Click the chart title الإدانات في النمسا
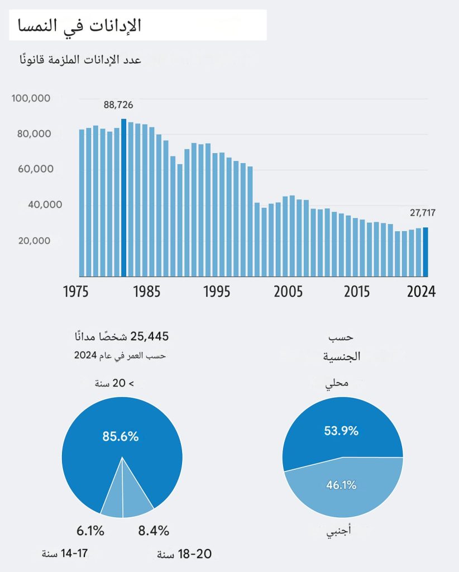(80, 26)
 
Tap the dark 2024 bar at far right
(425, 251)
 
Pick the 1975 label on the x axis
(79, 292)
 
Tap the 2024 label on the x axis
(420, 292)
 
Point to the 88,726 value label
(118, 104)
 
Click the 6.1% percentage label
(90, 531)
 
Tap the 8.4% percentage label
(154, 531)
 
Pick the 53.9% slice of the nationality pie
(341, 431)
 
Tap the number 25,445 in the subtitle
(150, 336)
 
